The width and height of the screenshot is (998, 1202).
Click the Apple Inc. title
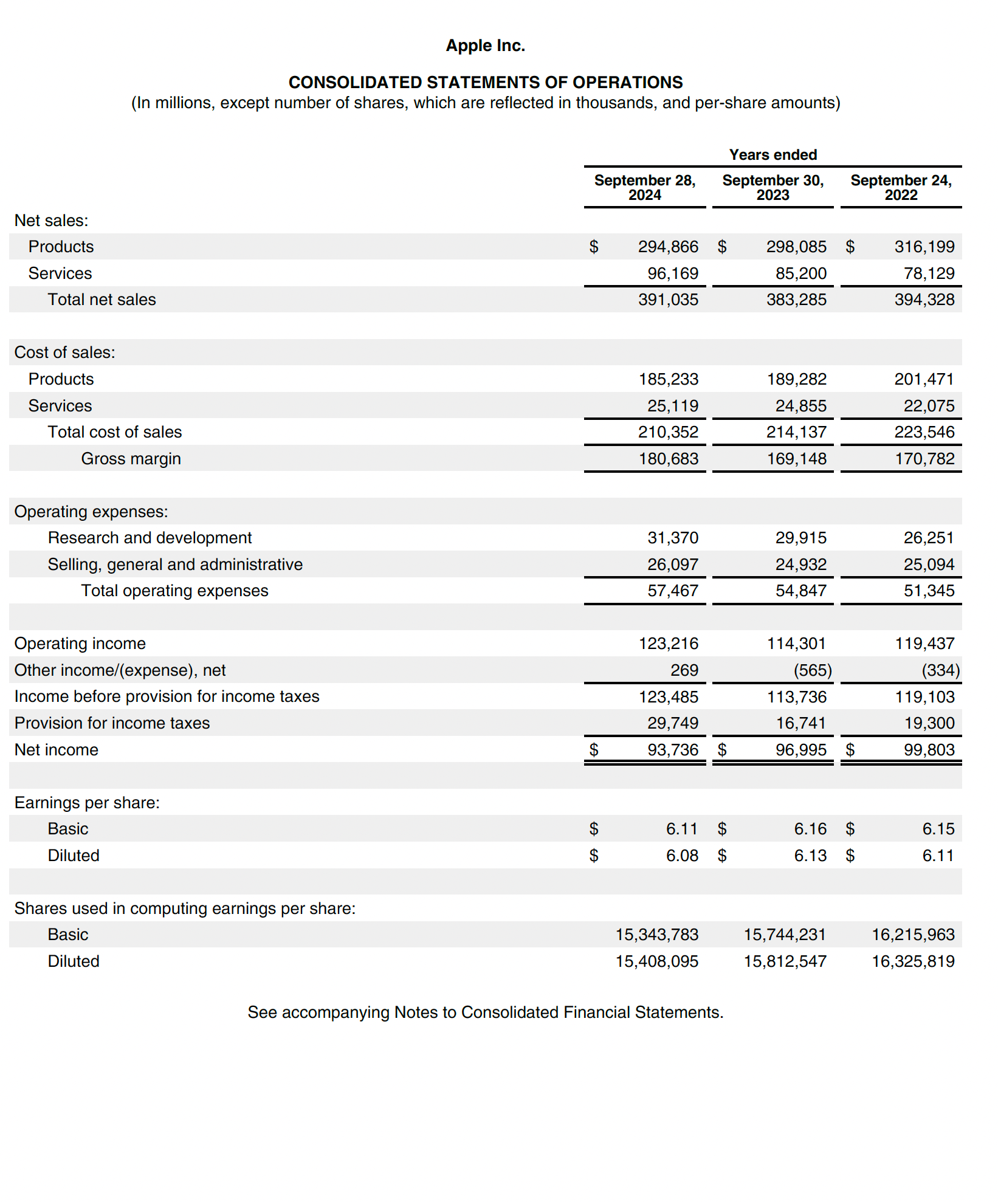pos(485,46)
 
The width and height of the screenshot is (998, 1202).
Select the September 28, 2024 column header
pos(644,187)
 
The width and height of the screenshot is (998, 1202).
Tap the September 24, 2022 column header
pos(901,187)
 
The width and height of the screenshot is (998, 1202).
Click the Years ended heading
pos(773,155)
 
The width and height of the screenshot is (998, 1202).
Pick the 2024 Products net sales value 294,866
pos(668,247)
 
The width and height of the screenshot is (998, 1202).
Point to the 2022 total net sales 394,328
pos(924,300)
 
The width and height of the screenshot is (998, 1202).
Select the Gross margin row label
pos(131,459)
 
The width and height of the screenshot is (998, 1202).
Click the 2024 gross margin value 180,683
pos(668,459)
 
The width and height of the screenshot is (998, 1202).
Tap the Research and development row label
pos(150,538)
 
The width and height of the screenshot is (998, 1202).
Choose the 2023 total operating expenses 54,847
pos(800,591)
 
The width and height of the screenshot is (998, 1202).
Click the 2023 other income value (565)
pos(813,670)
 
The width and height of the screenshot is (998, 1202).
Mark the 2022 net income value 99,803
pos(929,750)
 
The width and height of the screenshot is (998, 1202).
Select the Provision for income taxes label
pos(112,723)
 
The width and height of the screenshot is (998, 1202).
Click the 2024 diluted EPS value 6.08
pos(682,856)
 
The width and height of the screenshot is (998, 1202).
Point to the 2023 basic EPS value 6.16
pos(810,829)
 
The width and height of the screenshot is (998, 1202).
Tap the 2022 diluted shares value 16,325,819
pos(913,961)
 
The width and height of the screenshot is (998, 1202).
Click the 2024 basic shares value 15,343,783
pos(656,935)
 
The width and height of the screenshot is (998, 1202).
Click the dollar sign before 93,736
pos(594,750)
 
